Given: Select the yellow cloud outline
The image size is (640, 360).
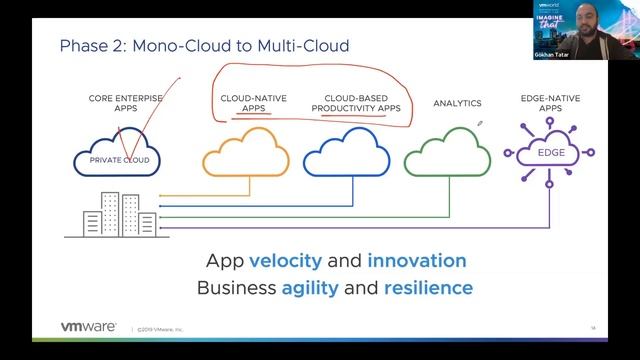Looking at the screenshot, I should click(x=244, y=154).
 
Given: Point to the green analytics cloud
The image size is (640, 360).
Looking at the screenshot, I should click(x=446, y=154).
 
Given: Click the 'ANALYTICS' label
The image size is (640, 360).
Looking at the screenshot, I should click(x=457, y=103).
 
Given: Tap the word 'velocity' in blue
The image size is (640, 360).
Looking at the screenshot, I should click(x=285, y=262).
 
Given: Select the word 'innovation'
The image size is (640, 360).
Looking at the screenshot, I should click(x=417, y=262).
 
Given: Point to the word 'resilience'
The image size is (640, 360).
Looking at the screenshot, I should click(x=421, y=288).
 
